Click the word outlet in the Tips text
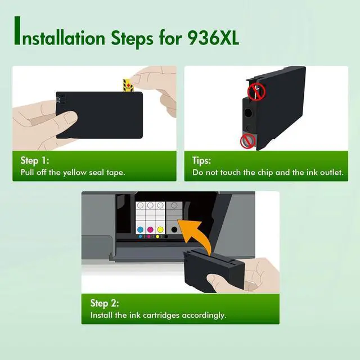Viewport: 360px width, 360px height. click(328, 172)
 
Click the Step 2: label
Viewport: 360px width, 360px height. click(107, 303)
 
